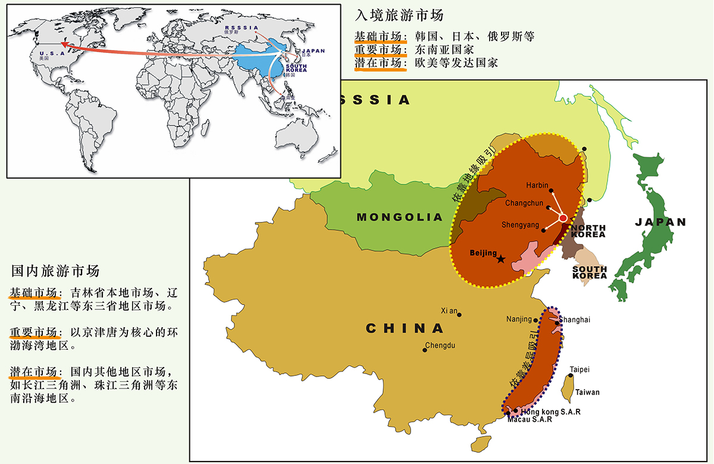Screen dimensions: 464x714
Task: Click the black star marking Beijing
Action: click(501, 259)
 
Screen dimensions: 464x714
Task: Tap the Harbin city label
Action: click(537, 186)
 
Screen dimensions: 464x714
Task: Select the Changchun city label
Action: click(524, 203)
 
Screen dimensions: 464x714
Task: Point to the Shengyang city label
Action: click(520, 225)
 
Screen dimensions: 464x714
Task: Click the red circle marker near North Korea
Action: click(563, 219)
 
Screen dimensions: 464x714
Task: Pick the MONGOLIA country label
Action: click(400, 218)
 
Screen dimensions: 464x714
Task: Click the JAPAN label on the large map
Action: click(660, 222)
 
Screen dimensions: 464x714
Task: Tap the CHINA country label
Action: click(405, 328)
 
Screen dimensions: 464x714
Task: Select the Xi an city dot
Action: click(459, 315)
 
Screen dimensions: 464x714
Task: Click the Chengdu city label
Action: click(441, 346)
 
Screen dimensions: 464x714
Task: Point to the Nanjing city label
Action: click(519, 319)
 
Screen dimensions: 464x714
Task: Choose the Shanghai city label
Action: click(575, 320)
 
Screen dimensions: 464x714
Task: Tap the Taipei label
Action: click(580, 370)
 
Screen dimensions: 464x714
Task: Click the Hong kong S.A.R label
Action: click(550, 412)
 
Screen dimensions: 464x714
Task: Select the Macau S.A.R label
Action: click(530, 419)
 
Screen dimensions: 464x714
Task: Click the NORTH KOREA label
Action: click(588, 231)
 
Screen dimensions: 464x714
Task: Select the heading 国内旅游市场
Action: click(55, 271)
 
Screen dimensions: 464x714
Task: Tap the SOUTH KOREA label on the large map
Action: click(590, 272)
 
